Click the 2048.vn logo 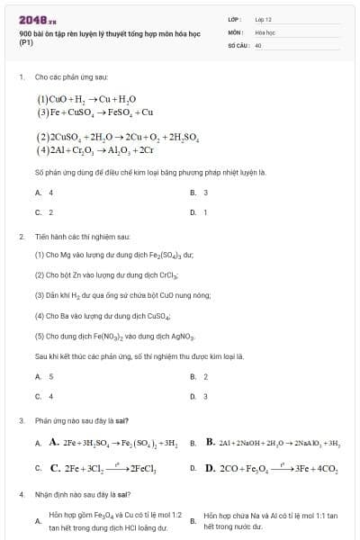(37, 19)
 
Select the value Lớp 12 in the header (263, 19)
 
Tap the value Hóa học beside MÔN (265, 31)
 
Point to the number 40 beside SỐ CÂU (258, 44)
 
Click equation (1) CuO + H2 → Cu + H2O (86, 99)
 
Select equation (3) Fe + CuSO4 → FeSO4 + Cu (95, 112)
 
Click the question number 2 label (21, 236)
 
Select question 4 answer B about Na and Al (270, 520)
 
